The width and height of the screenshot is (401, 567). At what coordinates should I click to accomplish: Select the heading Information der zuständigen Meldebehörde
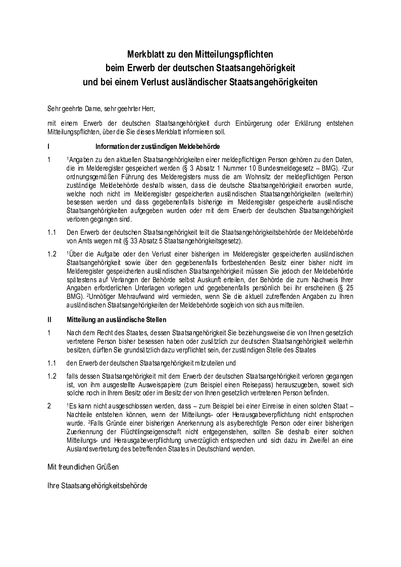click(157, 146)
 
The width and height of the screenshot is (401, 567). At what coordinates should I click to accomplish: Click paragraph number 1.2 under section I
click(52, 253)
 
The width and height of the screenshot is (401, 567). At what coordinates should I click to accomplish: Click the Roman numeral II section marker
click(49, 320)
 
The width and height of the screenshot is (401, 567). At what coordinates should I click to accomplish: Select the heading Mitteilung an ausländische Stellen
click(117, 320)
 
